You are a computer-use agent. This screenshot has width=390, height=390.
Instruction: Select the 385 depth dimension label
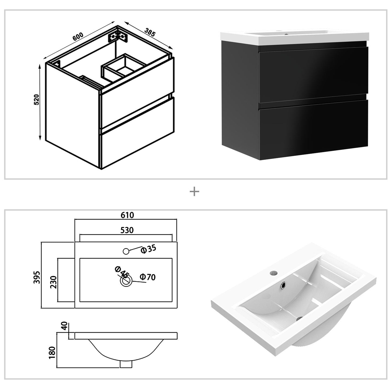(150, 32)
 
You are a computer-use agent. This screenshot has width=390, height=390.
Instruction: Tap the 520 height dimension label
(37, 100)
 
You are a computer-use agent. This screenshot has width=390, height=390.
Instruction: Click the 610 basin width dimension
(127, 215)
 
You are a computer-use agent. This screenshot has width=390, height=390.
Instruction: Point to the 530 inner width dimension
(127, 230)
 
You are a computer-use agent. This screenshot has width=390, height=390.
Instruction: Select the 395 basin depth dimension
(37, 277)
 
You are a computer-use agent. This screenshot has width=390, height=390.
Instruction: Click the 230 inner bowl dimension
(53, 282)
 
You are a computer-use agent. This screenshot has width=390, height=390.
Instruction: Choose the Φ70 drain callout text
(148, 277)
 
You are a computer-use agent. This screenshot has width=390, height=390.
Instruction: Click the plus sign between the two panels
(194, 192)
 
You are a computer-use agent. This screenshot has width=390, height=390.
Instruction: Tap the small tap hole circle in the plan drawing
(126, 251)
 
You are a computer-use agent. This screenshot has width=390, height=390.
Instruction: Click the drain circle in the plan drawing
(126, 281)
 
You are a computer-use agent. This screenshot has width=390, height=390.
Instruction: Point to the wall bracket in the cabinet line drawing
(117, 36)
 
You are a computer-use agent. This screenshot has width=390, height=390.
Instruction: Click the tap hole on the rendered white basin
(273, 273)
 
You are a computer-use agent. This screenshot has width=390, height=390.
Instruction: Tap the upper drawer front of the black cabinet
(313, 74)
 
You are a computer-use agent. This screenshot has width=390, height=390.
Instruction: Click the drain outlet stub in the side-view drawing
(126, 364)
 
